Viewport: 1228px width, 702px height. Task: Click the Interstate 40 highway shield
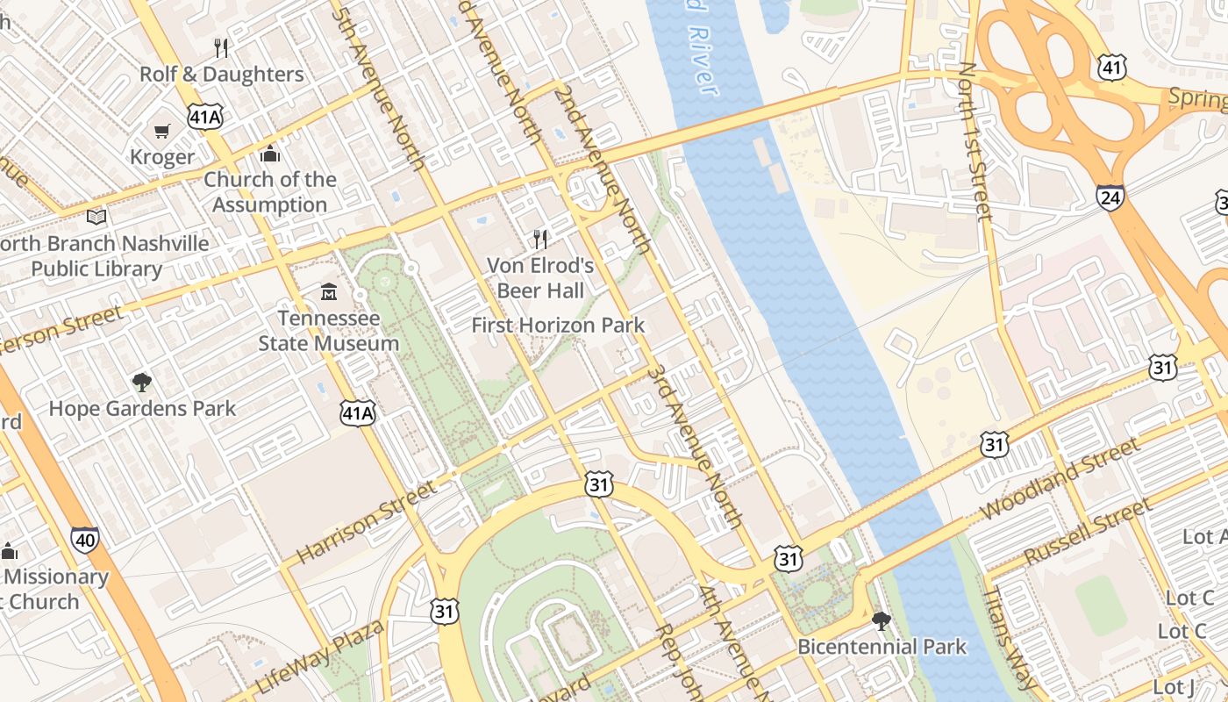(x=85, y=541)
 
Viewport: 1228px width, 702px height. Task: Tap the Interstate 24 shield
(x=1110, y=197)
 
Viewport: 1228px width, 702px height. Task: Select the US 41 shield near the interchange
(x=1111, y=67)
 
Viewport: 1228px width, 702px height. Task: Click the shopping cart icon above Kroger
(x=161, y=132)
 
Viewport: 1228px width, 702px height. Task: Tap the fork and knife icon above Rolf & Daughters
(x=221, y=48)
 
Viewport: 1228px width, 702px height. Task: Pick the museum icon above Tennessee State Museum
(x=329, y=291)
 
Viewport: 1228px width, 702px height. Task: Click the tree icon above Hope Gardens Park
(x=141, y=382)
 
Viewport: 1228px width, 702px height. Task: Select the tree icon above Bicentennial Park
(x=882, y=621)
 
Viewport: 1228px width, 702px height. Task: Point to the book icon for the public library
(x=96, y=217)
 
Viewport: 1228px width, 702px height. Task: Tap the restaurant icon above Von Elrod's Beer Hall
(x=540, y=239)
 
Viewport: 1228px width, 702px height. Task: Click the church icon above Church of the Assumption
(x=270, y=154)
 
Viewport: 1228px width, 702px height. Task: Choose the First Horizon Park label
(x=558, y=325)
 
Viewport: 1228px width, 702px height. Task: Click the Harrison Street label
(x=366, y=523)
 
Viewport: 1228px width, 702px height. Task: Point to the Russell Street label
(x=1087, y=532)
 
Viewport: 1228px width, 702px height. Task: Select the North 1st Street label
(x=975, y=140)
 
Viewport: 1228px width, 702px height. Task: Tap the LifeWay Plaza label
(x=319, y=657)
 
